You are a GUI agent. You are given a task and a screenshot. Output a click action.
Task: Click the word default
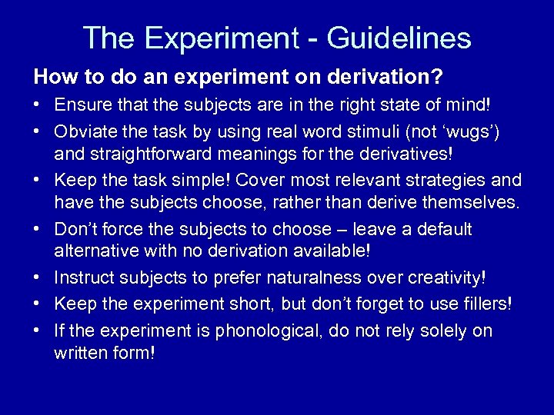pyautogui.click(x=443, y=229)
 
